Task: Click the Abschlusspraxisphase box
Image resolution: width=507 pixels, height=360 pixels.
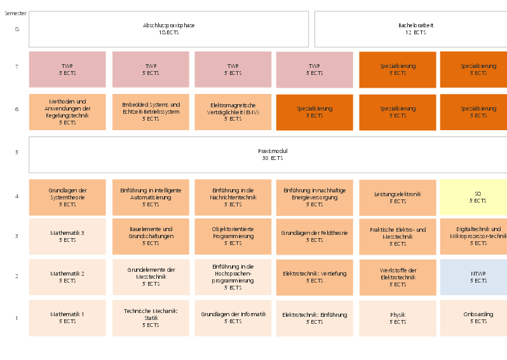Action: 168,29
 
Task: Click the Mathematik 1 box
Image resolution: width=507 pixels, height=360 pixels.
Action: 67,317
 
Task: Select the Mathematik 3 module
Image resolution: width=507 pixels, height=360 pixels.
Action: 67,236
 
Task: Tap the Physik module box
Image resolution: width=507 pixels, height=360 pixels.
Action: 397,317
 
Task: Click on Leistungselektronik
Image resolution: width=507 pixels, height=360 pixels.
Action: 397,197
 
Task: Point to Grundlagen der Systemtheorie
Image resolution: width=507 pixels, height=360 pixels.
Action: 67,197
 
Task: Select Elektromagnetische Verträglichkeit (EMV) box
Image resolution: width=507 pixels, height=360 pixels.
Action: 233,112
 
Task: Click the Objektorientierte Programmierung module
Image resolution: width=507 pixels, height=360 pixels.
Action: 233,236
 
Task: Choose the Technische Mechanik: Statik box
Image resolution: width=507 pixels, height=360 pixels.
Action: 151,317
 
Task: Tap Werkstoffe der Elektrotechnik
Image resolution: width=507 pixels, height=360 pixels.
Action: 397,277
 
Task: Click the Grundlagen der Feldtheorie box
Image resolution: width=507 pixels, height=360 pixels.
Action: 314,236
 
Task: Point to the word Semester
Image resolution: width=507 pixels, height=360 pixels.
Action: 15,13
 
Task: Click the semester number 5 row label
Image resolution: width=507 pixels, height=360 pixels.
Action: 17,153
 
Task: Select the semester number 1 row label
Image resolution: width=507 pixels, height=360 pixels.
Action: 17,318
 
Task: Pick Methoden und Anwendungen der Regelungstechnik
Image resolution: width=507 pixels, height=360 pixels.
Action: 67,112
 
